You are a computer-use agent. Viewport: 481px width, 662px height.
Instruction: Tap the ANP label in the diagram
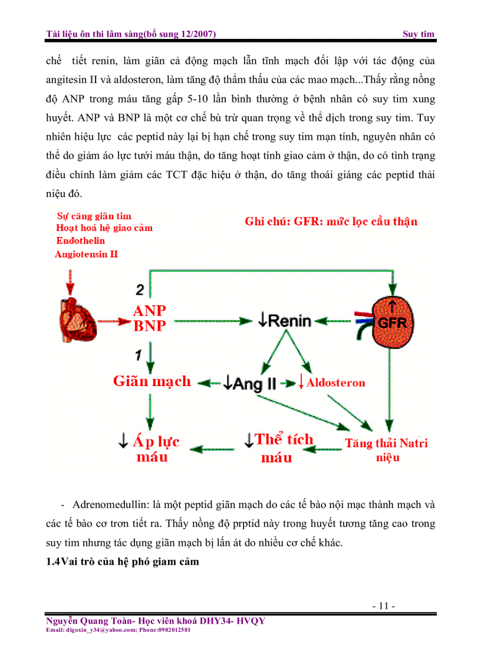coord(150,311)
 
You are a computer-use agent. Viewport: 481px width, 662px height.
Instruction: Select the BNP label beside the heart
coord(150,326)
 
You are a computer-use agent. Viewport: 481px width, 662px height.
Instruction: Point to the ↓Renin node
coord(284,321)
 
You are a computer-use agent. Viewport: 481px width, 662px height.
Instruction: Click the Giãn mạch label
coord(152,381)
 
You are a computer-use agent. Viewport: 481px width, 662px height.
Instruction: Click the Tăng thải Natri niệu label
coord(386,450)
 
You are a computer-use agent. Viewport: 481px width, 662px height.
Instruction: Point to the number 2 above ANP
coord(140,289)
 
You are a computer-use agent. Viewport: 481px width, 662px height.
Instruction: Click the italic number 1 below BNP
coord(138,354)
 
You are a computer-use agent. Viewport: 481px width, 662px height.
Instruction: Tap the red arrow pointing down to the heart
coord(71,282)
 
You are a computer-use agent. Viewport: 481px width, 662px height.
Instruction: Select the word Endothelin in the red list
coord(81,241)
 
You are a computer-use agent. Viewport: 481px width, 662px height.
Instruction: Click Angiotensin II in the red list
coord(86,254)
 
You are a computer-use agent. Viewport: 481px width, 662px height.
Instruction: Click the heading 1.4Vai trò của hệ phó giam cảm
coord(123,562)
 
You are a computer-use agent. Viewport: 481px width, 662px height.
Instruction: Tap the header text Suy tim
coord(419,34)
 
